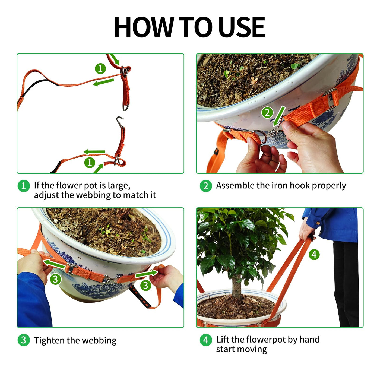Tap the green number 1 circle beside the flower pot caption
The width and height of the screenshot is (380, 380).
coord(24,186)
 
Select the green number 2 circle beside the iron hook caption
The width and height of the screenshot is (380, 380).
coord(206,186)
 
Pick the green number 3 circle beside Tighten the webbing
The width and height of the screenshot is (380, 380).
coord(24,340)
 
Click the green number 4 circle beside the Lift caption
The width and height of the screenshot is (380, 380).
coord(206,340)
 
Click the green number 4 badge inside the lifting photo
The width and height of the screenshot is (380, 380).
coord(314,254)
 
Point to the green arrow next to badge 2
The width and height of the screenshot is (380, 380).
coord(279,116)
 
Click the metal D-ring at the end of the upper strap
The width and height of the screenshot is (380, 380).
coord(126,107)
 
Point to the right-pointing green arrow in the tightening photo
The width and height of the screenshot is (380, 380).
coord(146,274)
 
